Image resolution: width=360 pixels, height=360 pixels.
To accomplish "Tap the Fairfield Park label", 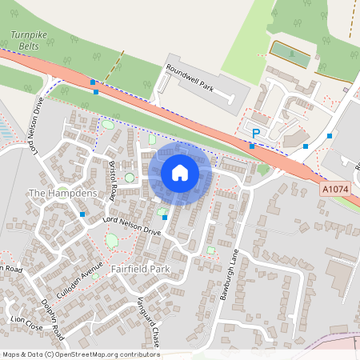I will [x=141, y=269].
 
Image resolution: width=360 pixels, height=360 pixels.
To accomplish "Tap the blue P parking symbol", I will [x=256, y=134].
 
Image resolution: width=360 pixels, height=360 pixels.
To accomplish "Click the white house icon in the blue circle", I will [x=180, y=172].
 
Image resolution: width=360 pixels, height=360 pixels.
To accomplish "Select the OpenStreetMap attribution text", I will [x=81, y=354].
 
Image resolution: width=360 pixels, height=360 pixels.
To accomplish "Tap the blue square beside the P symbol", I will [x=252, y=146].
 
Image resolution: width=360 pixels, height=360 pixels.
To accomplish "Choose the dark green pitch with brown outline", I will [x=290, y=54].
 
